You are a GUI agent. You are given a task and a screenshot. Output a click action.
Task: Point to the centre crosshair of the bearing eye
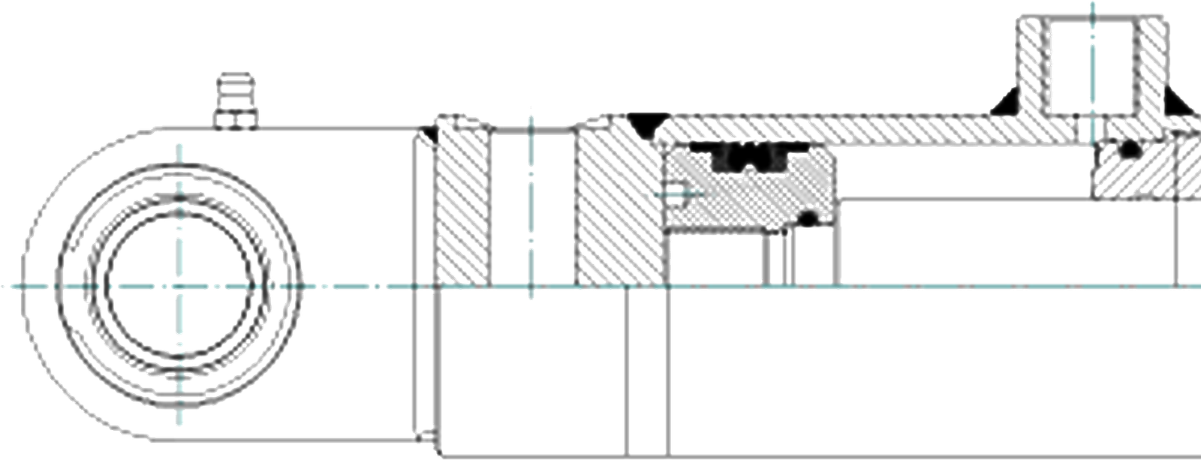tap(180, 286)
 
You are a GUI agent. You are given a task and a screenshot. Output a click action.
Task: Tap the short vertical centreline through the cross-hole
tap(531, 203)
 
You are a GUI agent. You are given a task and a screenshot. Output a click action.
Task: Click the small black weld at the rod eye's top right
tap(430, 133)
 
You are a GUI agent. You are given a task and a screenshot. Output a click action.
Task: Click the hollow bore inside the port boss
tap(1092, 68)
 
